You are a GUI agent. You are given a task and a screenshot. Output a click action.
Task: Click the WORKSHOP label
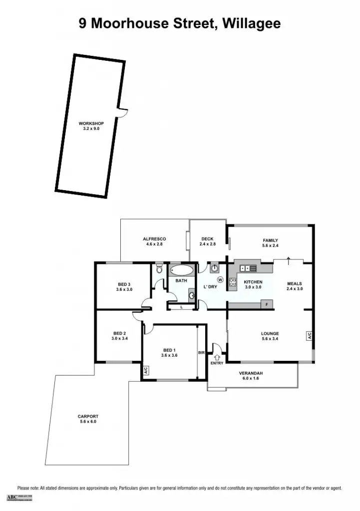click(91, 123)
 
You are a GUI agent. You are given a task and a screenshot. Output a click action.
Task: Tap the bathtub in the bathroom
click(181, 271)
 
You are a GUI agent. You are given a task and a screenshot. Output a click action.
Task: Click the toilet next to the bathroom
click(159, 269)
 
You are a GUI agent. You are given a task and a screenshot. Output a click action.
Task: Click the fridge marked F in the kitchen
click(267, 304)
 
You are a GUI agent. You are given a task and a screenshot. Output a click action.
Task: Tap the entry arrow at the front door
click(217, 357)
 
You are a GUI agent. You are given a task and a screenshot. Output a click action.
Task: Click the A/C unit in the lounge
click(309, 336)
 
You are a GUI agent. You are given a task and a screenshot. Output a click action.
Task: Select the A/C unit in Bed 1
click(146, 371)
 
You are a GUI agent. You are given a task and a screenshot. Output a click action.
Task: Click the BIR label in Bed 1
click(201, 353)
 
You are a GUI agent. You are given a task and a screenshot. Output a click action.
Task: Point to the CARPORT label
click(88, 416)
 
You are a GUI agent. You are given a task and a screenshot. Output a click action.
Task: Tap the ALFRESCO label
click(154, 239)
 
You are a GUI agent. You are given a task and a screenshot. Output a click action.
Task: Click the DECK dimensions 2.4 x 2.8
click(208, 245)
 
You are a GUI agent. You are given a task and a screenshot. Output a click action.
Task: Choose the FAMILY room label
click(270, 241)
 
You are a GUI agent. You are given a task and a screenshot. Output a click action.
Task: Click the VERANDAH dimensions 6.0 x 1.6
click(251, 379)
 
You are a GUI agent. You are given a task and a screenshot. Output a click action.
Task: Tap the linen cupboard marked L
click(181, 307)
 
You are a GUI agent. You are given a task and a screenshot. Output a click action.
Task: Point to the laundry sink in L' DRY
click(215, 268)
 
